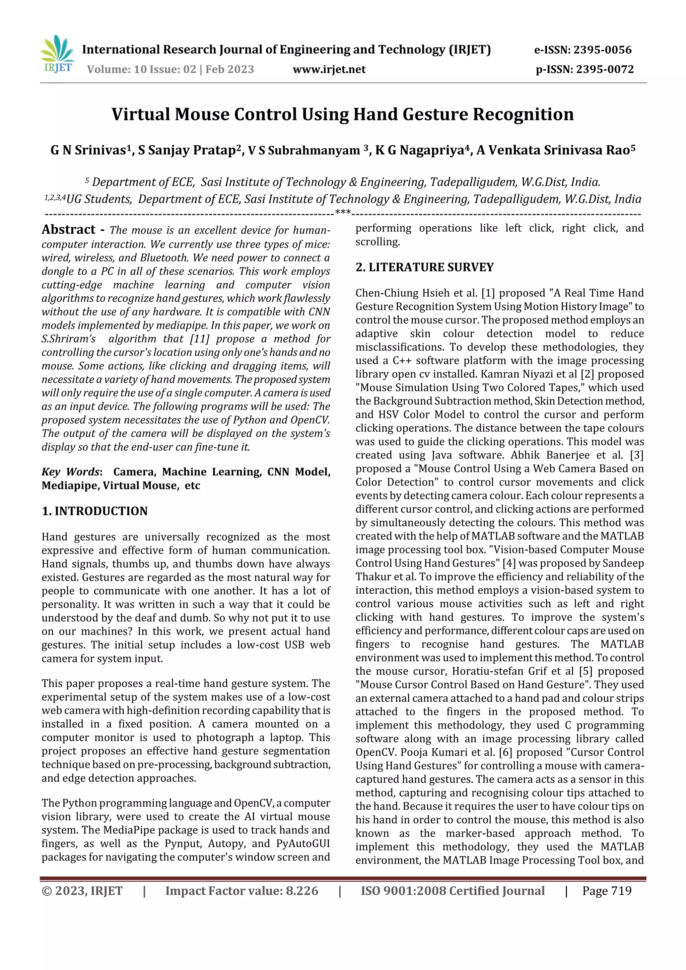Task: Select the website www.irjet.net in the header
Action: (x=329, y=69)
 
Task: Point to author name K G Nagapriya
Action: (x=419, y=150)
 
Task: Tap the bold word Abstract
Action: (x=68, y=229)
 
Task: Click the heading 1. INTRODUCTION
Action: (x=95, y=511)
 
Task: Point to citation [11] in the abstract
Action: (x=200, y=339)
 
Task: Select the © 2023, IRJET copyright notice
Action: (x=82, y=891)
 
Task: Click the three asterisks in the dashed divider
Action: (x=342, y=212)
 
